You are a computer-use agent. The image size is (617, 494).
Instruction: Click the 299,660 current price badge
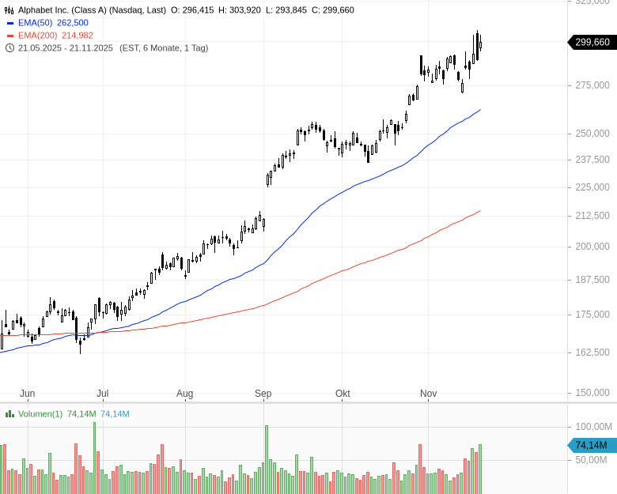click(592, 43)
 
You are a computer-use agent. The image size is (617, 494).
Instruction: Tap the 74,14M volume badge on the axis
click(592, 446)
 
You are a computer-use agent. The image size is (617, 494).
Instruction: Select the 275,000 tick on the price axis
click(592, 85)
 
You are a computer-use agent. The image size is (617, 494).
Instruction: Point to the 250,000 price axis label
click(592, 134)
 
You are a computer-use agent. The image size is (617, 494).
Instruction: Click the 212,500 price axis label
click(592, 216)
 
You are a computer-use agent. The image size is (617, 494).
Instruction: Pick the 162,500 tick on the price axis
click(592, 353)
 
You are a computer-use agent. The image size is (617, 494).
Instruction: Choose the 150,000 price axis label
click(592, 393)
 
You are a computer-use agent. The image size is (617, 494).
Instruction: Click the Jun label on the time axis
click(27, 394)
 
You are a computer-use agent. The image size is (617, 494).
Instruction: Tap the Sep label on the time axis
click(263, 394)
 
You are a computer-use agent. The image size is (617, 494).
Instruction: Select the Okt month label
click(343, 394)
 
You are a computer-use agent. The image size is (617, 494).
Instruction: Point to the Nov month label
click(428, 394)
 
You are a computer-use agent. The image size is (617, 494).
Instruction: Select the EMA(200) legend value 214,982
click(78, 36)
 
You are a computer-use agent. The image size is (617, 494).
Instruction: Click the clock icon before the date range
click(9, 48)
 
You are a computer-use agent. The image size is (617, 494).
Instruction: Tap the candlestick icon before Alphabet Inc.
click(9, 10)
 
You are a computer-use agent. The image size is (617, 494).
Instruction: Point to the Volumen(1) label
click(40, 414)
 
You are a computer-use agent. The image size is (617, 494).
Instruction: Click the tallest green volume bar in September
click(266, 459)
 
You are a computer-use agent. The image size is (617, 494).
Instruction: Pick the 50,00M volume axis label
click(592, 460)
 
